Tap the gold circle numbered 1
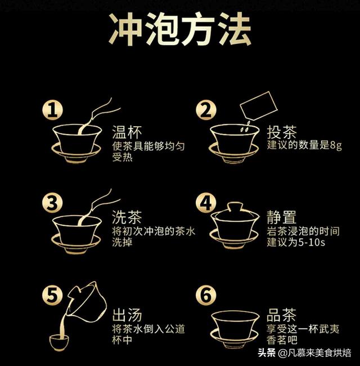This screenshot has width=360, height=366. pos(52,109)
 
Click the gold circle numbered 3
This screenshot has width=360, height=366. pos(52,202)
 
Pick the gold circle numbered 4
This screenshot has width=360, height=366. pos(206,202)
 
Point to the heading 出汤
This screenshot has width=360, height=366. pos(127,314)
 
